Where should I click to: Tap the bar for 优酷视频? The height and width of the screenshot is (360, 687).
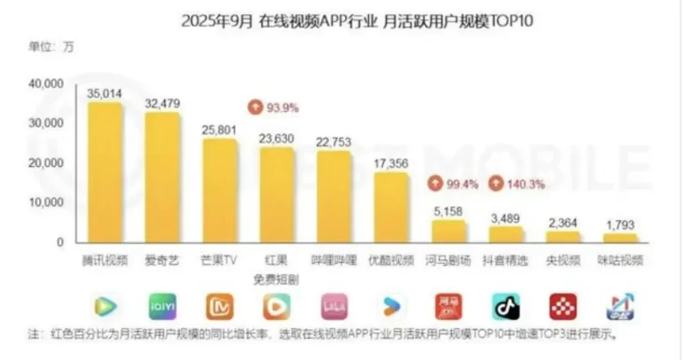(x=391, y=209)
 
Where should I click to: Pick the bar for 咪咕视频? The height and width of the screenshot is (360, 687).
(x=620, y=238)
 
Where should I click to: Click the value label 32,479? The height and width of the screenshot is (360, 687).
(x=162, y=103)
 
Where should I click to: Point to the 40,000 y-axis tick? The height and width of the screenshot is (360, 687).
(x=46, y=84)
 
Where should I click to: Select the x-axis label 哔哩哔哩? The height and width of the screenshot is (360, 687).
(x=334, y=261)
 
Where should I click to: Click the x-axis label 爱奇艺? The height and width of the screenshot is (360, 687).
(x=162, y=261)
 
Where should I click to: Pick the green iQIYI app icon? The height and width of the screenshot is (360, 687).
(x=162, y=307)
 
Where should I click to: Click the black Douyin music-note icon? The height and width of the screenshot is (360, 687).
(x=505, y=307)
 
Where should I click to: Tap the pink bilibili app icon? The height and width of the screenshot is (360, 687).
(x=334, y=307)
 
